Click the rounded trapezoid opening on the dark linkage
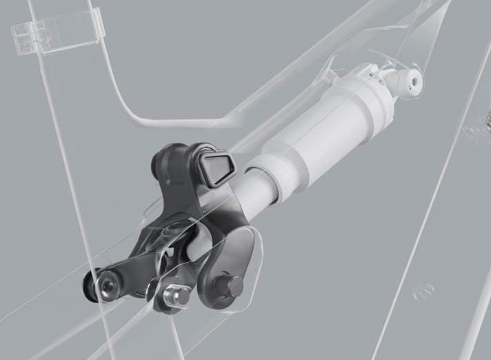coord(217,168)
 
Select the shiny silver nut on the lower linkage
coord(176,296)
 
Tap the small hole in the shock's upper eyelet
coord(414,81)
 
